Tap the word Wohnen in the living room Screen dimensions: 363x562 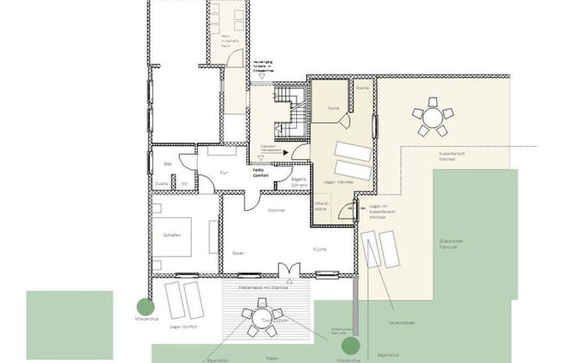[277, 210]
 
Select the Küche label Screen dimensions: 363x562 [319, 250]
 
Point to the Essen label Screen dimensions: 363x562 [238, 253]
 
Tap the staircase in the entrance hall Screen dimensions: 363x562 [291, 112]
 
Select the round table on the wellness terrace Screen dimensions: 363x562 [429, 116]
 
